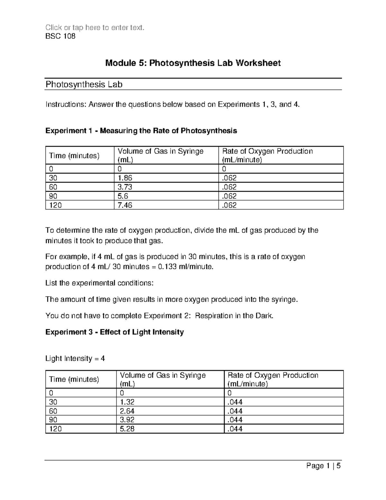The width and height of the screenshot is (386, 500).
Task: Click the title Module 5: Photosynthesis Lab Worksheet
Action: pyautogui.click(x=193, y=63)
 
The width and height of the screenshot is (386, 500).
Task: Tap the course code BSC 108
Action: pyautogui.click(x=60, y=36)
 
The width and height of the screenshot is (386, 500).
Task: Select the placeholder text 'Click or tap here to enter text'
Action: pyautogui.click(x=95, y=28)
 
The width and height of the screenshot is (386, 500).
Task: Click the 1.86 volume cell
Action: pyautogui.click(x=125, y=178)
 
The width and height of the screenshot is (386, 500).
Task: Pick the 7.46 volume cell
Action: pyautogui.click(x=125, y=205)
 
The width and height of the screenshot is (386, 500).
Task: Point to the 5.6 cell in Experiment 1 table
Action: pyautogui.click(x=123, y=196)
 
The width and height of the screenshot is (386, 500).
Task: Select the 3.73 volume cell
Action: pyautogui.click(x=125, y=187)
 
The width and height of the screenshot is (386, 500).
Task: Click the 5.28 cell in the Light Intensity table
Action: pyautogui.click(x=127, y=429)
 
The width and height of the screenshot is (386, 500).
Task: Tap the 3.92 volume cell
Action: pyautogui.click(x=127, y=420)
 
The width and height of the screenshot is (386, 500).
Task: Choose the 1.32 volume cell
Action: pyautogui.click(x=127, y=402)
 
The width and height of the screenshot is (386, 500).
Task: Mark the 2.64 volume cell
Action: pyautogui.click(x=127, y=411)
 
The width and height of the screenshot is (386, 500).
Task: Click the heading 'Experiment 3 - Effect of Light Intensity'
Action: pyautogui.click(x=115, y=332)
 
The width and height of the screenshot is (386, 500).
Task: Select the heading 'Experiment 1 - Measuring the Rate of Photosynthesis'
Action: pyautogui.click(x=141, y=131)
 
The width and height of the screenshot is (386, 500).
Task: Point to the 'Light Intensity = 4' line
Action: pyautogui.click(x=75, y=359)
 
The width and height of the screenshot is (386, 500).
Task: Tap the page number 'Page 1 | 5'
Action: pyautogui.click(x=323, y=466)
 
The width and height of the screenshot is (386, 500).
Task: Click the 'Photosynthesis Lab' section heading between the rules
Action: pyautogui.click(x=84, y=85)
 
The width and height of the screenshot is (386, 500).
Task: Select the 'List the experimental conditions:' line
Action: pyautogui.click(x=99, y=283)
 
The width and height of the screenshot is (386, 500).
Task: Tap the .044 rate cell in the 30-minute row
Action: pyautogui.click(x=235, y=402)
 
